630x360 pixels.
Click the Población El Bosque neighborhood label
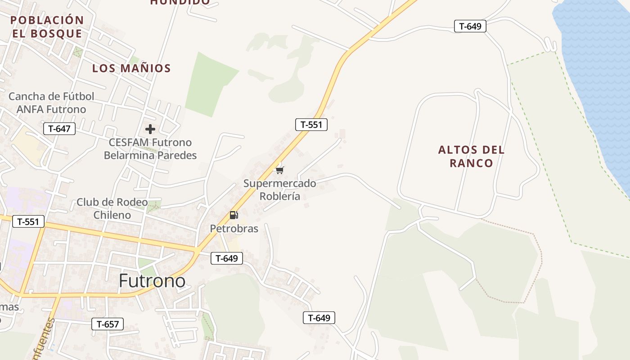[47, 27]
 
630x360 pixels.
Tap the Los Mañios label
[131, 68]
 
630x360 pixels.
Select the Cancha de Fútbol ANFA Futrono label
[51, 103]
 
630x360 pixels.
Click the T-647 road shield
[59, 129]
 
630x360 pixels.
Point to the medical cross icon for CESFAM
[150, 130]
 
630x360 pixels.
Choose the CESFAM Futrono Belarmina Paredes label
[150, 149]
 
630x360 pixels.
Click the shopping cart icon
[280, 170]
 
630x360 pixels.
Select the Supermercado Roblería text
[279, 190]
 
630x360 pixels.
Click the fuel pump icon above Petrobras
[234, 215]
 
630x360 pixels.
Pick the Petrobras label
[234, 229]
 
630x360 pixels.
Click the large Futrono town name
[152, 281]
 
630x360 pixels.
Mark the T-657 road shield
[108, 324]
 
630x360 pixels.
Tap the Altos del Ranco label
[471, 156]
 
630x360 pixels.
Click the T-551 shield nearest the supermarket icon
[311, 125]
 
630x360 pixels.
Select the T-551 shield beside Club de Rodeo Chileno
[28, 221]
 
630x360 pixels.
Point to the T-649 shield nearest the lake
[470, 26]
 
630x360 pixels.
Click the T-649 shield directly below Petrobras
[227, 258]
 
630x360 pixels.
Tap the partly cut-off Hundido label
[180, 2]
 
